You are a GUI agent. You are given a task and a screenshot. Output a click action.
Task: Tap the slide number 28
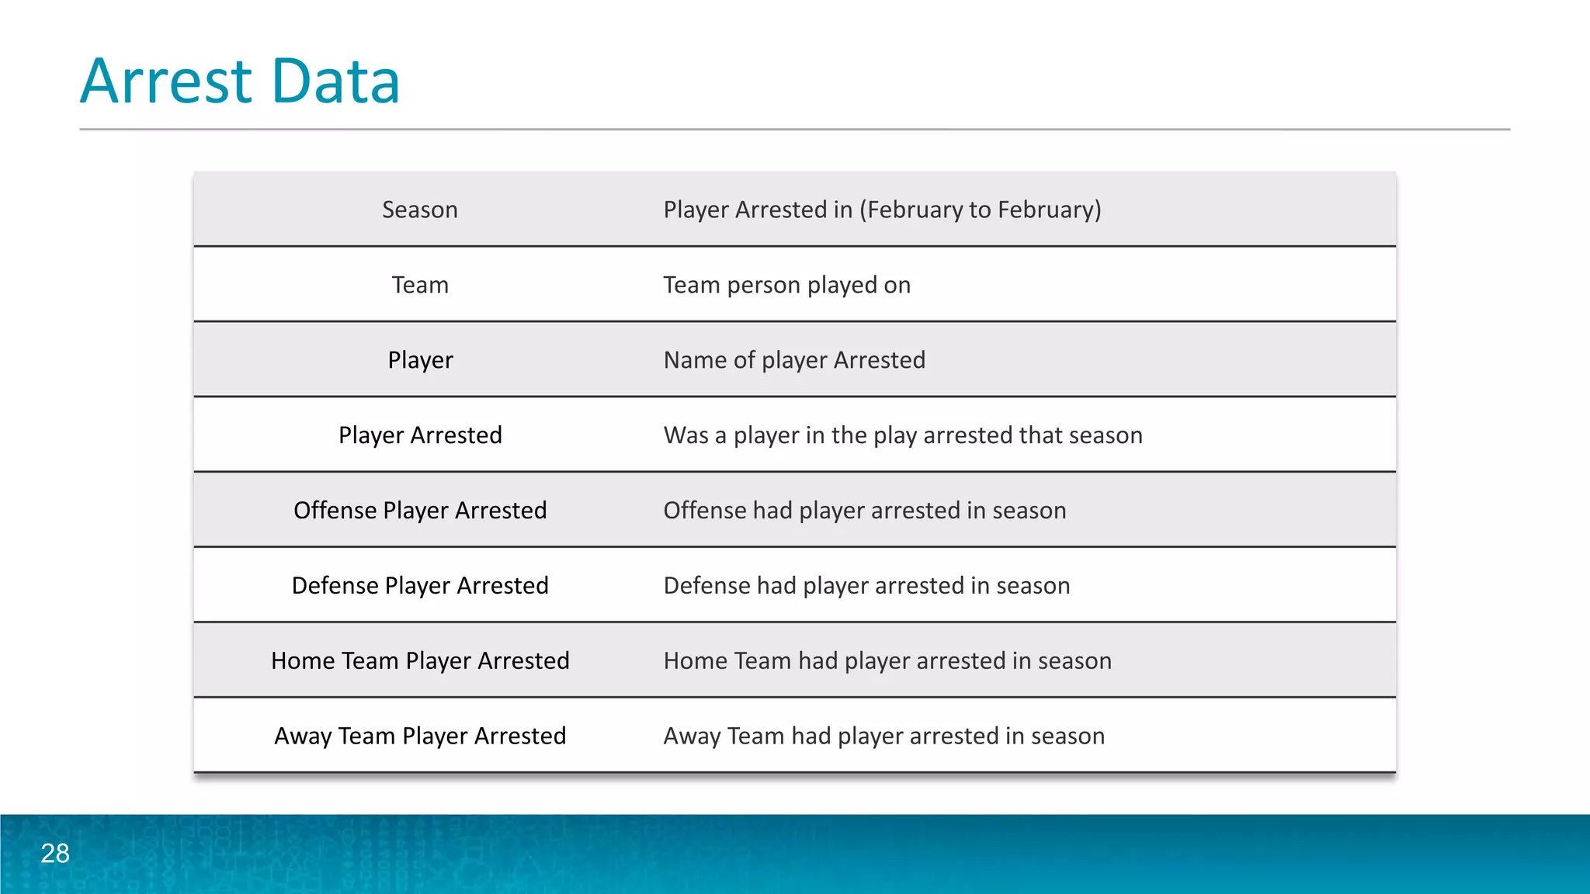coord(55,853)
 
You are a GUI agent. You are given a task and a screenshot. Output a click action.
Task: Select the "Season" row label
coord(419,210)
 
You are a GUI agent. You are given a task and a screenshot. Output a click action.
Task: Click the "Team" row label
coord(419,285)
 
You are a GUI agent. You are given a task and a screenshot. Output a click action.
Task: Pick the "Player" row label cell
coord(419,360)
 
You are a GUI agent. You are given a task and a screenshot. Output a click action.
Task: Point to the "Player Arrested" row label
coord(419,435)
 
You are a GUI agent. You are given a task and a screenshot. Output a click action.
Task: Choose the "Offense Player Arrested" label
coord(419,511)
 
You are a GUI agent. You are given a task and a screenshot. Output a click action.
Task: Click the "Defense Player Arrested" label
coord(419,586)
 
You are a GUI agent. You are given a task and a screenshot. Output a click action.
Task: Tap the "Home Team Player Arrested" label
coord(419,661)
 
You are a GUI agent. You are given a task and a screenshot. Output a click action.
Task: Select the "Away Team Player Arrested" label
coord(419,736)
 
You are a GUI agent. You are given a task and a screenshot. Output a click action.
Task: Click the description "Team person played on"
coord(786,285)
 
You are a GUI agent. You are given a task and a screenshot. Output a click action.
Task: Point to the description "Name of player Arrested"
coord(794,360)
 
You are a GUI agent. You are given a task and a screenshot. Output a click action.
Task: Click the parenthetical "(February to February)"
coord(980,210)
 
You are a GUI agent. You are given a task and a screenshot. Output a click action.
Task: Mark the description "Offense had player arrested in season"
coord(864,511)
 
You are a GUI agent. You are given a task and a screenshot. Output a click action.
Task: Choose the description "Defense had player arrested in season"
coord(866,586)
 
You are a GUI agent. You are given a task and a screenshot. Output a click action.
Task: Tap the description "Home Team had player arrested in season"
coord(887,661)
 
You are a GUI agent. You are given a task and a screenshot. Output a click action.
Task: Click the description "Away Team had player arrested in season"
coord(884,736)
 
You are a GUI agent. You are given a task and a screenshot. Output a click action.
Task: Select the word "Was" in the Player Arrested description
coord(686,435)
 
